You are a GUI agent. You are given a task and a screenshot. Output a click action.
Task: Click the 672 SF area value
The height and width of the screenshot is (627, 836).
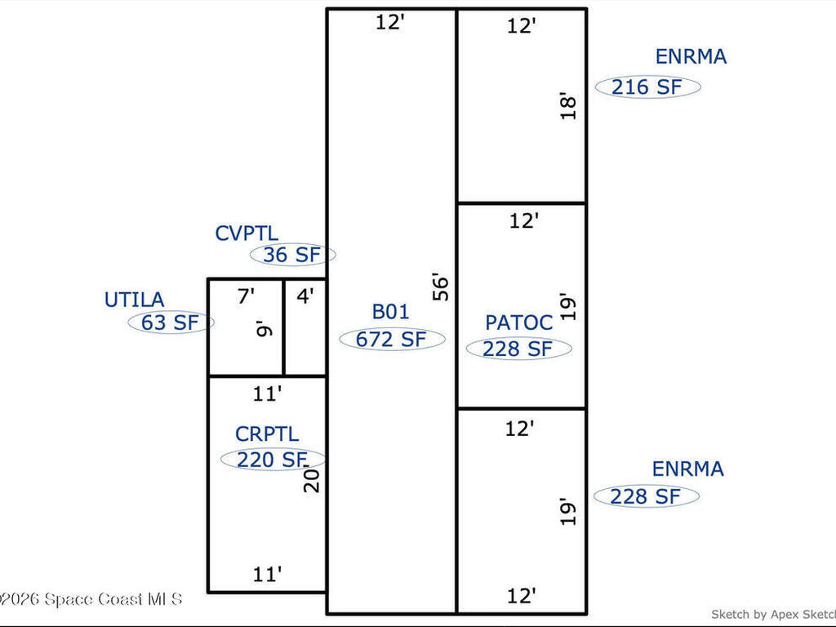[x=391, y=340]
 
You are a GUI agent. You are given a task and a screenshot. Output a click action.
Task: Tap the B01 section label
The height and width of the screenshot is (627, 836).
[x=390, y=312]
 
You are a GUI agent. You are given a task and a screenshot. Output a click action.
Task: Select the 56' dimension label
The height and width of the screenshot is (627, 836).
[x=442, y=287]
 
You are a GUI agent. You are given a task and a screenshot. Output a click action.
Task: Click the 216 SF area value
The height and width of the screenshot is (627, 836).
[x=647, y=87]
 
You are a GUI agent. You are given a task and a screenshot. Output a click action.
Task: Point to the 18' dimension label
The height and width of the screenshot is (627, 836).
[x=570, y=108]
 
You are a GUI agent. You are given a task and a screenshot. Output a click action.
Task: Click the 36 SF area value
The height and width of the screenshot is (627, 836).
[x=291, y=255]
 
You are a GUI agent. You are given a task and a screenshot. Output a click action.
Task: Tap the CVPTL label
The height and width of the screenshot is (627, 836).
[x=247, y=233]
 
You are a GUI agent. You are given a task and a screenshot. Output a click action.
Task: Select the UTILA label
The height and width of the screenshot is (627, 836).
[x=134, y=300]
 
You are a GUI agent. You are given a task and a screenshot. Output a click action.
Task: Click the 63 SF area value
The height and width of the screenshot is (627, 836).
[x=170, y=322]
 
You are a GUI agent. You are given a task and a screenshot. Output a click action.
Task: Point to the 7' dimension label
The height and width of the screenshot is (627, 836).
[x=246, y=296]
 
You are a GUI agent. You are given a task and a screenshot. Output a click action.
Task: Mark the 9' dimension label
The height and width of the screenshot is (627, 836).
[x=262, y=331]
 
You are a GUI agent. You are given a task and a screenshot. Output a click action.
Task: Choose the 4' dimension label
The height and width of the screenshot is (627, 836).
[x=305, y=296]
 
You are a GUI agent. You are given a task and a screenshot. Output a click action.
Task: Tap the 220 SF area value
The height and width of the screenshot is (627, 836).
[x=271, y=460]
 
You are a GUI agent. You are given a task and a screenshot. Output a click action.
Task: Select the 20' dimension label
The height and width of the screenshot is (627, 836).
[x=312, y=478]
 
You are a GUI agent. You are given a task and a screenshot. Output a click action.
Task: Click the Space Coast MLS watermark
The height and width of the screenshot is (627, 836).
[x=91, y=599]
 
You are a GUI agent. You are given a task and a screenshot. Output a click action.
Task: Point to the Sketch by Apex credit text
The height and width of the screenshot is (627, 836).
[x=772, y=614]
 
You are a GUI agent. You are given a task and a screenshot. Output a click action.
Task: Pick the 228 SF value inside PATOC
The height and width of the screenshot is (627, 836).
[x=518, y=349]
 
